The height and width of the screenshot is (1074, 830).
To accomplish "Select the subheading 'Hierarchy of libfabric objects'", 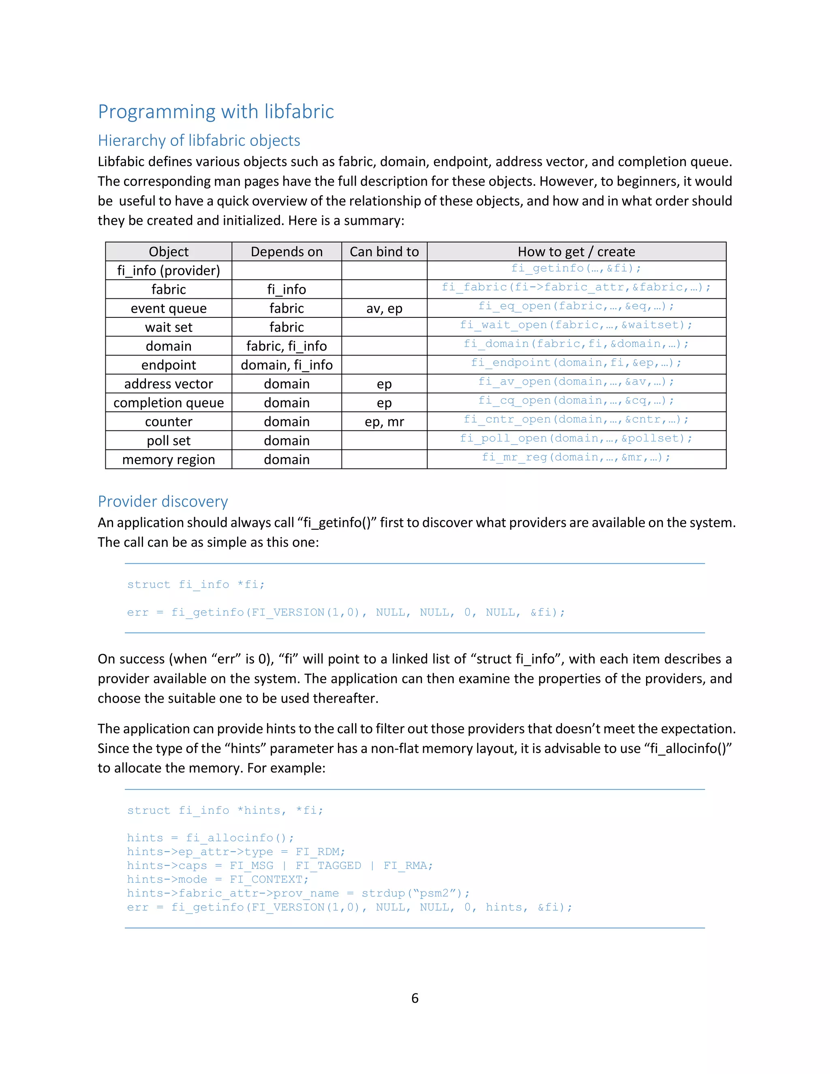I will pyautogui.click(x=199, y=141).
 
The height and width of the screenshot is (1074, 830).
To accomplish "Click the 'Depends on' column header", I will pyautogui.click(x=287, y=252).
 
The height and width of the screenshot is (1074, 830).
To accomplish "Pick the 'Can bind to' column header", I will pyautogui.click(x=384, y=252).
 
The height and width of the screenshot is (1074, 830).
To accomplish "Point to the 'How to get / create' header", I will pyautogui.click(x=576, y=252).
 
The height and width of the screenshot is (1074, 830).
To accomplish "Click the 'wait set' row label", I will pyautogui.click(x=169, y=327).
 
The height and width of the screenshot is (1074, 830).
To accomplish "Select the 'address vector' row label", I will pyautogui.click(x=169, y=383).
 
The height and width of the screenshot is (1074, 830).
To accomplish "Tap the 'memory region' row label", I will pyautogui.click(x=169, y=459).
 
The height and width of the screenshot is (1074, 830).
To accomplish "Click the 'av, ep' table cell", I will pyautogui.click(x=384, y=308).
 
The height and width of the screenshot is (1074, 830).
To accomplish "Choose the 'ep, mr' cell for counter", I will pyautogui.click(x=384, y=421).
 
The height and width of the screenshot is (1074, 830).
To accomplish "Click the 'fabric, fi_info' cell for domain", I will pyautogui.click(x=287, y=346).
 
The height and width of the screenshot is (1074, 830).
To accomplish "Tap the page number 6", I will pyautogui.click(x=415, y=998).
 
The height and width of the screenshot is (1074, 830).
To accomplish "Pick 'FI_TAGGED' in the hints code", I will pyautogui.click(x=328, y=866).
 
